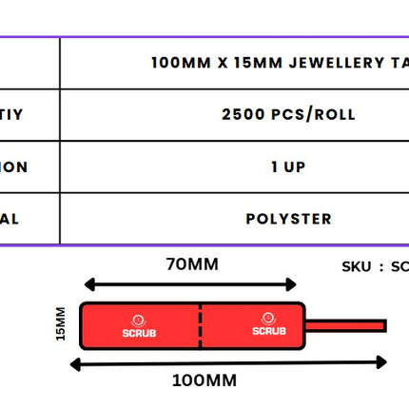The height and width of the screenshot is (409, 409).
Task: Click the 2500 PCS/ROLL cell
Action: coord(288,115)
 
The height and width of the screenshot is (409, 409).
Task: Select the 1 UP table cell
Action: coord(288,167)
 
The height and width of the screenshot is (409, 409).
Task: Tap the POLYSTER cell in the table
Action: coord(288,219)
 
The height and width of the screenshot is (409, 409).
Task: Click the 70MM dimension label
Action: coord(191,264)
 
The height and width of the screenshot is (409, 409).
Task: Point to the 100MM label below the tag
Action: coord(204,380)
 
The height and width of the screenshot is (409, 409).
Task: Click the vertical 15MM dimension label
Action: coord(62,324)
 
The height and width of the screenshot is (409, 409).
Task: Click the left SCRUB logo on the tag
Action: coord(139,333)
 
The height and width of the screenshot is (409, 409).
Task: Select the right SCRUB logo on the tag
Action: coord(268,331)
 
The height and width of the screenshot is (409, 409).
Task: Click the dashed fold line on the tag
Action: coord(201,325)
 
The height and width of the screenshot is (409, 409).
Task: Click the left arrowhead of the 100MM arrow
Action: coord(87,362)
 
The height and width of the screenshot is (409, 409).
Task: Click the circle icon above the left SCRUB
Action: coord(139,321)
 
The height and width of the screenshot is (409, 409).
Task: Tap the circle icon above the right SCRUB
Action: coord(268,319)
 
